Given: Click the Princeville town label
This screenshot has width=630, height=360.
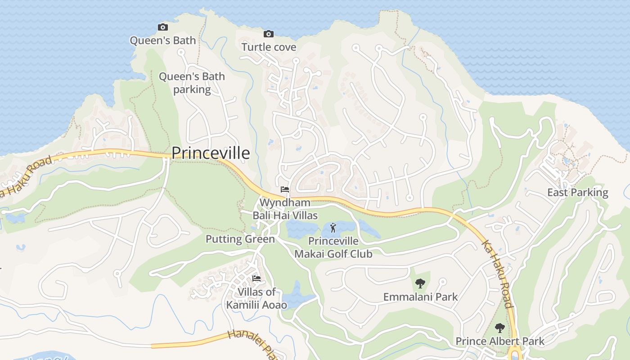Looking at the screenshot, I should [x=211, y=153].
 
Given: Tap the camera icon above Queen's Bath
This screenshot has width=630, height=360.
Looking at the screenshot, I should [x=163, y=27].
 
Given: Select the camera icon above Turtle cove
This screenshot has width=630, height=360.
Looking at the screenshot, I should [x=269, y=34].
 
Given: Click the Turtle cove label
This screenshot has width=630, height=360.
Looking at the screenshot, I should [x=269, y=47].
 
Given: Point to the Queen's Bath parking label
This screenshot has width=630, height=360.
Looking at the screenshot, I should [x=192, y=83].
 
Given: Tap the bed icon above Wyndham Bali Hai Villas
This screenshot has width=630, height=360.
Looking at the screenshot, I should [x=284, y=189].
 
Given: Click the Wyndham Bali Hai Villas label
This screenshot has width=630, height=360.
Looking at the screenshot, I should [x=285, y=209].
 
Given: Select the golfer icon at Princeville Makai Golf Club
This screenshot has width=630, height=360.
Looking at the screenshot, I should [x=333, y=228].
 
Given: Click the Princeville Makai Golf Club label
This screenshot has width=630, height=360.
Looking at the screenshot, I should [x=333, y=247].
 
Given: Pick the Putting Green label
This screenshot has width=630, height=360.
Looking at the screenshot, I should [x=240, y=239].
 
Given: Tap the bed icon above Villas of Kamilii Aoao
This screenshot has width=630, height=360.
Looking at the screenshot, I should [x=256, y=279].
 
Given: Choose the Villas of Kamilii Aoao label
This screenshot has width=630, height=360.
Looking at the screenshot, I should [x=256, y=298].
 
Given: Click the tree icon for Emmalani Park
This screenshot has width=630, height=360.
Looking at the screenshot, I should [x=420, y=283].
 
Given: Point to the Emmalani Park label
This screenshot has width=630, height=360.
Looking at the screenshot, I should [x=420, y=297].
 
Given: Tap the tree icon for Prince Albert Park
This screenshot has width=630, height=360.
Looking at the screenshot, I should [x=499, y=328].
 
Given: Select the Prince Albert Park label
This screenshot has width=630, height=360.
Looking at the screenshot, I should [x=500, y=341].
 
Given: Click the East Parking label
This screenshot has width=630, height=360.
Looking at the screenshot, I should [x=577, y=193].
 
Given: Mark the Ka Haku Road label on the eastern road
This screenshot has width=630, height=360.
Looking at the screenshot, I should [x=497, y=274].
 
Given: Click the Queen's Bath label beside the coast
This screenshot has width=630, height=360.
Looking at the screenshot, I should [x=163, y=40].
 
